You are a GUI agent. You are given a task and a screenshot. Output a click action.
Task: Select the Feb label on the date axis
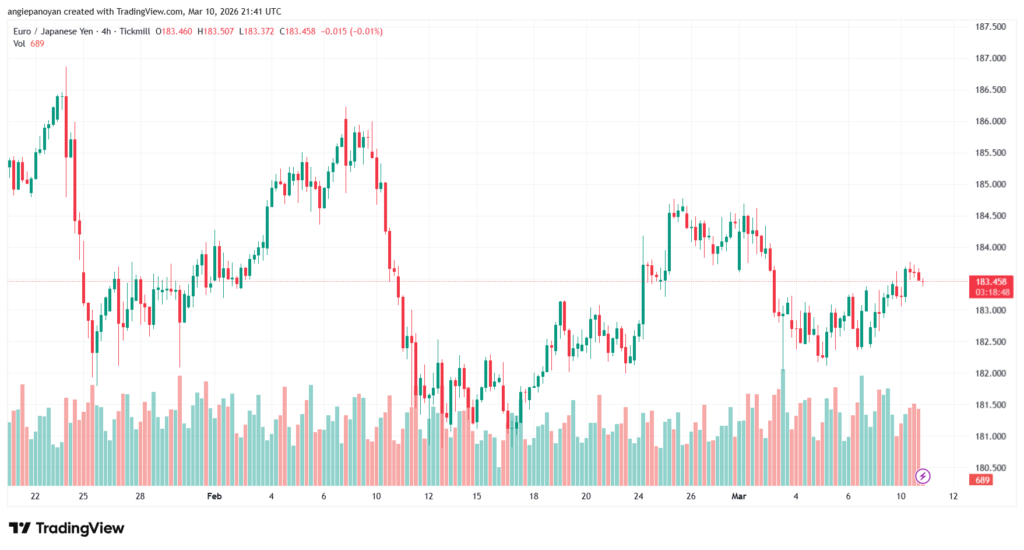point(214,496)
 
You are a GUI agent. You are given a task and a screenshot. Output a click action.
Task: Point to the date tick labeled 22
point(36,496)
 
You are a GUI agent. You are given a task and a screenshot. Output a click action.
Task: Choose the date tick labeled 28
point(141,496)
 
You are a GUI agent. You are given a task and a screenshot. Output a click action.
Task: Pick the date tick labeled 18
point(533,496)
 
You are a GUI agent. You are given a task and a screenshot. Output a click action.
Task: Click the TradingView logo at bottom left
point(67,528)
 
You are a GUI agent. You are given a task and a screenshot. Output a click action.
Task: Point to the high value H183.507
point(219,31)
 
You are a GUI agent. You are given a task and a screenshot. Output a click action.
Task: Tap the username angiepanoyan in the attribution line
point(36,11)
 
